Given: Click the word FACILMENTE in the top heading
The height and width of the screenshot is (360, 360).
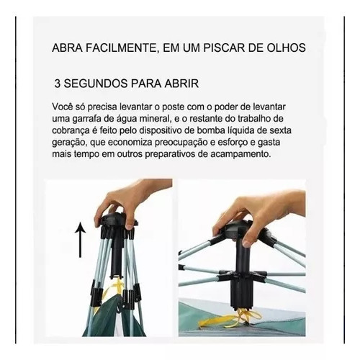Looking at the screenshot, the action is [122, 48].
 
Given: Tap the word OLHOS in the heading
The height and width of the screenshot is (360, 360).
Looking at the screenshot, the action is [287, 48].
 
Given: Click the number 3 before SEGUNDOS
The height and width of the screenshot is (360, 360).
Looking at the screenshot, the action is [58, 84].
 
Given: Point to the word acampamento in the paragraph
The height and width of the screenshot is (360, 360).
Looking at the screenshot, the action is [240, 154].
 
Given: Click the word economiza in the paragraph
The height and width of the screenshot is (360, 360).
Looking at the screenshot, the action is [130, 143].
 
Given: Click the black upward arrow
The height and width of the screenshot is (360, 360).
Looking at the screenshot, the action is [80, 240].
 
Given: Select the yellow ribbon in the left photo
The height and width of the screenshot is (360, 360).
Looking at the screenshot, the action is [113, 288].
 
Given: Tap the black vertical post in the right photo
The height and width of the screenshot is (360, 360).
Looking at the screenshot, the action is [240, 271].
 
